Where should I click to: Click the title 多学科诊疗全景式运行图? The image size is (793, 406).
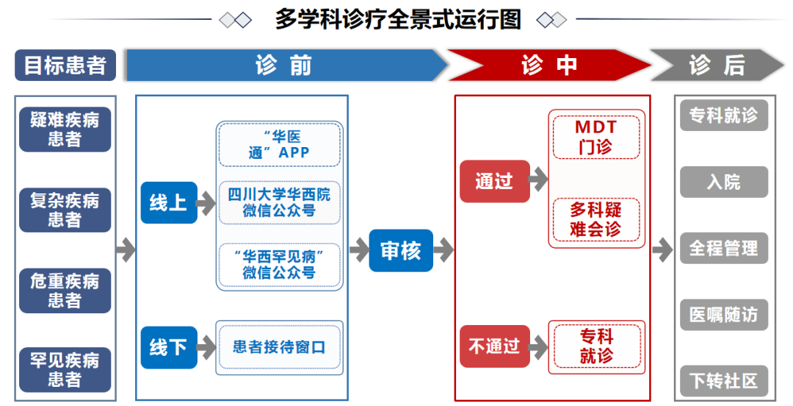click(398, 20)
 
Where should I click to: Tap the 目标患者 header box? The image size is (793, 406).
click(65, 65)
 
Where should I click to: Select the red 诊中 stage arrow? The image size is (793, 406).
click(549, 65)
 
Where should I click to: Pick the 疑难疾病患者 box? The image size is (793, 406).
click(65, 129)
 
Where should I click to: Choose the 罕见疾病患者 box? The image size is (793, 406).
click(65, 369)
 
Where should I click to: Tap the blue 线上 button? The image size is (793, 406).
click(169, 203)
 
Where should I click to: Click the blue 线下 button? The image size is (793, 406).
click(169, 347)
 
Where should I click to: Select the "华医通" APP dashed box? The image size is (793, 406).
click(279, 144)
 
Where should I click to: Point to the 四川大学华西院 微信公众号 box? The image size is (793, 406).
click(279, 202)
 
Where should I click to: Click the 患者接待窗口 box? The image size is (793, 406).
click(279, 347)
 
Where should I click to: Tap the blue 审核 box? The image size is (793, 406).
click(401, 250)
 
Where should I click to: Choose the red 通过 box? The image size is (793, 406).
click(495, 181)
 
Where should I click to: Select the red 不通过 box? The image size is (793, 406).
click(495, 346)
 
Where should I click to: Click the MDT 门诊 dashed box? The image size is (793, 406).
click(596, 137)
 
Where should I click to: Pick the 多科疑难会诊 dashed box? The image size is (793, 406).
click(596, 219)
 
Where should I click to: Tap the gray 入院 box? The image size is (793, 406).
click(724, 182)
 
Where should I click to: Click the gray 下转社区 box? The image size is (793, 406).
click(724, 381)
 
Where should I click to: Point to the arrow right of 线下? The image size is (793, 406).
click(206, 347)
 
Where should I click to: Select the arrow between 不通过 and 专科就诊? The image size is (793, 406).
click(538, 347)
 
